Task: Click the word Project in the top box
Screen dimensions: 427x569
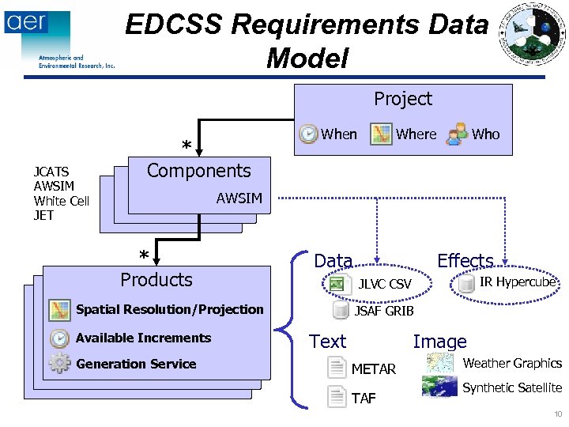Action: tap(403, 99)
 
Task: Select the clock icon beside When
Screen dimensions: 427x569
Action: tap(308, 134)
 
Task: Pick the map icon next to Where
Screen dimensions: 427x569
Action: tap(382, 134)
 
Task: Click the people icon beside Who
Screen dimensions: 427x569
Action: tap(457, 134)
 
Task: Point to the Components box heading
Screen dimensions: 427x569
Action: tap(199, 171)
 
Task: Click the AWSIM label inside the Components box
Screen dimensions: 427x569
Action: tap(239, 198)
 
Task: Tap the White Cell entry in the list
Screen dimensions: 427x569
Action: tap(61, 201)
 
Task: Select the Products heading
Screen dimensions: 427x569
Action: tap(156, 280)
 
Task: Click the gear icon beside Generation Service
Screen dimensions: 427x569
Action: tap(59, 364)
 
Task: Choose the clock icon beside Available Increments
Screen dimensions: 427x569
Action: tap(59, 338)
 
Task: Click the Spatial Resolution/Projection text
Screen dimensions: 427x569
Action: tap(169, 309)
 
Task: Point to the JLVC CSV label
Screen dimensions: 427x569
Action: tap(385, 284)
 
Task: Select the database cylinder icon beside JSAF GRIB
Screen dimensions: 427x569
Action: tap(340, 310)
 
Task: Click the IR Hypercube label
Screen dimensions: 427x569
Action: tap(518, 282)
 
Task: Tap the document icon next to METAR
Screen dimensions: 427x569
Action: tap(337, 368)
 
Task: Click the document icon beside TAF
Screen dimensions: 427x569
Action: tap(337, 397)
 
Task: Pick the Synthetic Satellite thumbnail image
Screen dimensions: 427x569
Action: tap(439, 387)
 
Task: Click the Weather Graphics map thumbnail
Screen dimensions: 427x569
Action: tap(439, 363)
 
